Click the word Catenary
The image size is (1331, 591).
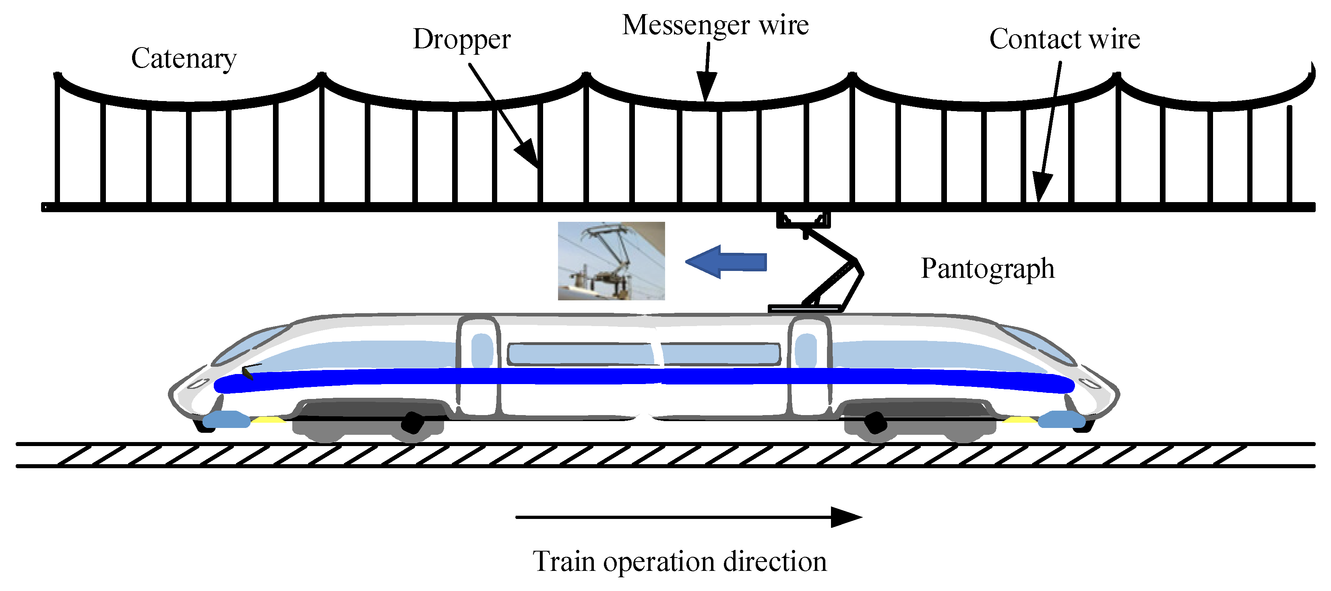click(184, 58)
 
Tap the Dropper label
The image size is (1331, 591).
click(461, 40)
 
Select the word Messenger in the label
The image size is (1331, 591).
click(686, 25)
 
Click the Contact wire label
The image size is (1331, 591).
click(1064, 39)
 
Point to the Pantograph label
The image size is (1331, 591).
click(988, 269)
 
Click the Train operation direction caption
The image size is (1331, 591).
click(680, 562)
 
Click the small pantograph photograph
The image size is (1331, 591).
click(611, 261)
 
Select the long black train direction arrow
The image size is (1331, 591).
click(687, 517)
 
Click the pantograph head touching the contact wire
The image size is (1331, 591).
click(804, 219)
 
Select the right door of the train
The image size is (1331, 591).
click(809, 367)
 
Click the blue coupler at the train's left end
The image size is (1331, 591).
click(226, 419)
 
